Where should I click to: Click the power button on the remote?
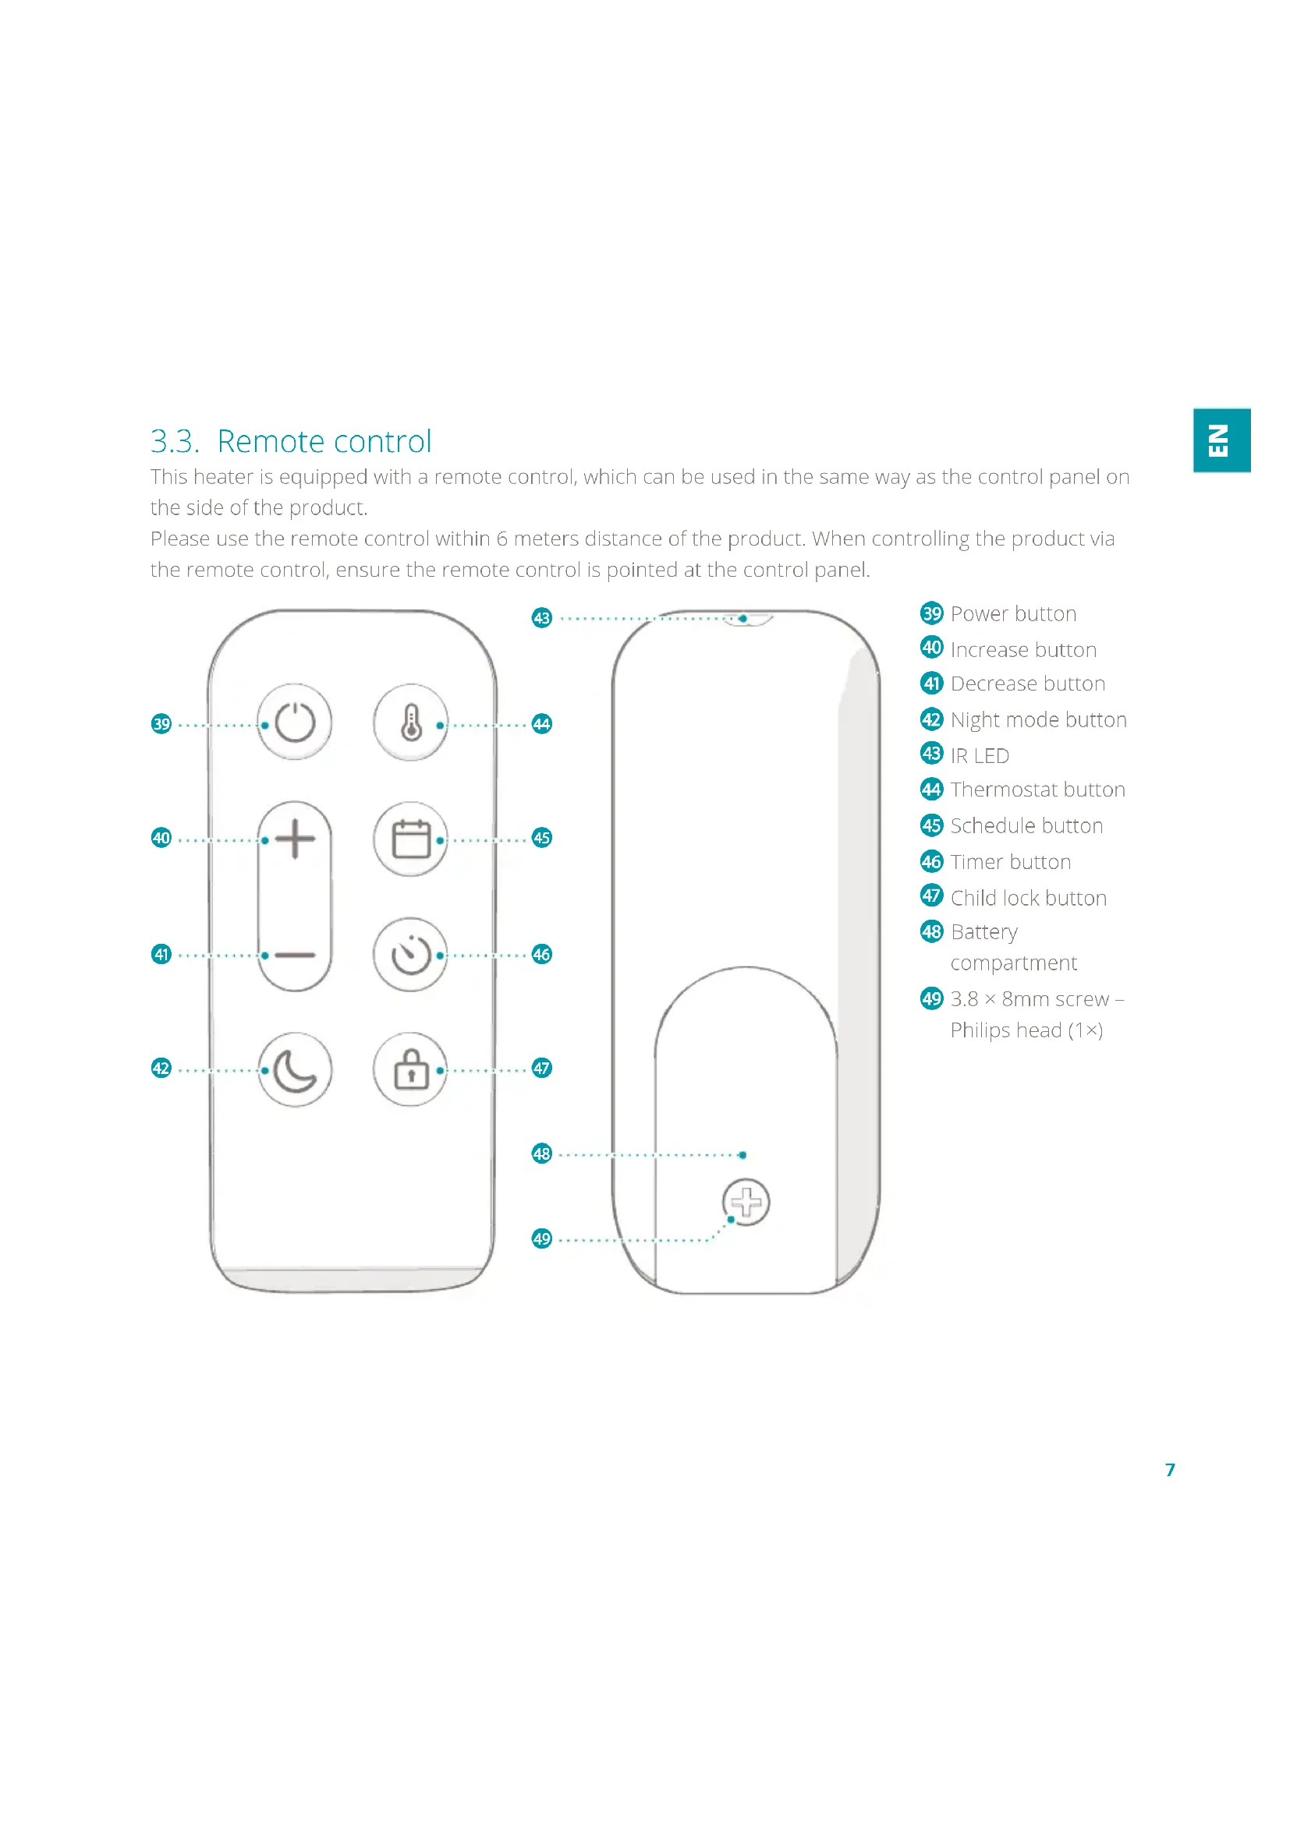[x=294, y=722]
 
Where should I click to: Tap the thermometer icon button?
[x=411, y=722]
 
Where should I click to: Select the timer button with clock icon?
[x=411, y=955]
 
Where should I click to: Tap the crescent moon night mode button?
[x=294, y=1069]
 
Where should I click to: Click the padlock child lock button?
[x=411, y=1069]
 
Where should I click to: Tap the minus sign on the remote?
[x=294, y=955]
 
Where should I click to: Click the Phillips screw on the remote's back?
[x=746, y=1202]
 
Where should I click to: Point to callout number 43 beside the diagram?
[x=542, y=618]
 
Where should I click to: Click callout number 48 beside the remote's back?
[x=542, y=1154]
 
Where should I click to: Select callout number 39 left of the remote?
[x=161, y=724]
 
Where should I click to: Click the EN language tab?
[x=1221, y=440]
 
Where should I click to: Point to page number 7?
[x=1169, y=1470]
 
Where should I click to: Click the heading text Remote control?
[x=324, y=441]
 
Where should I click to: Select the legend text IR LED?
[x=980, y=756]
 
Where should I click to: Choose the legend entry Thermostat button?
[x=1037, y=790]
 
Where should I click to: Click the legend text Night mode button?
[x=1038, y=720]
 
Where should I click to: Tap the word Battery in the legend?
[x=984, y=932]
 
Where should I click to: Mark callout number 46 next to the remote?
[x=542, y=955]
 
